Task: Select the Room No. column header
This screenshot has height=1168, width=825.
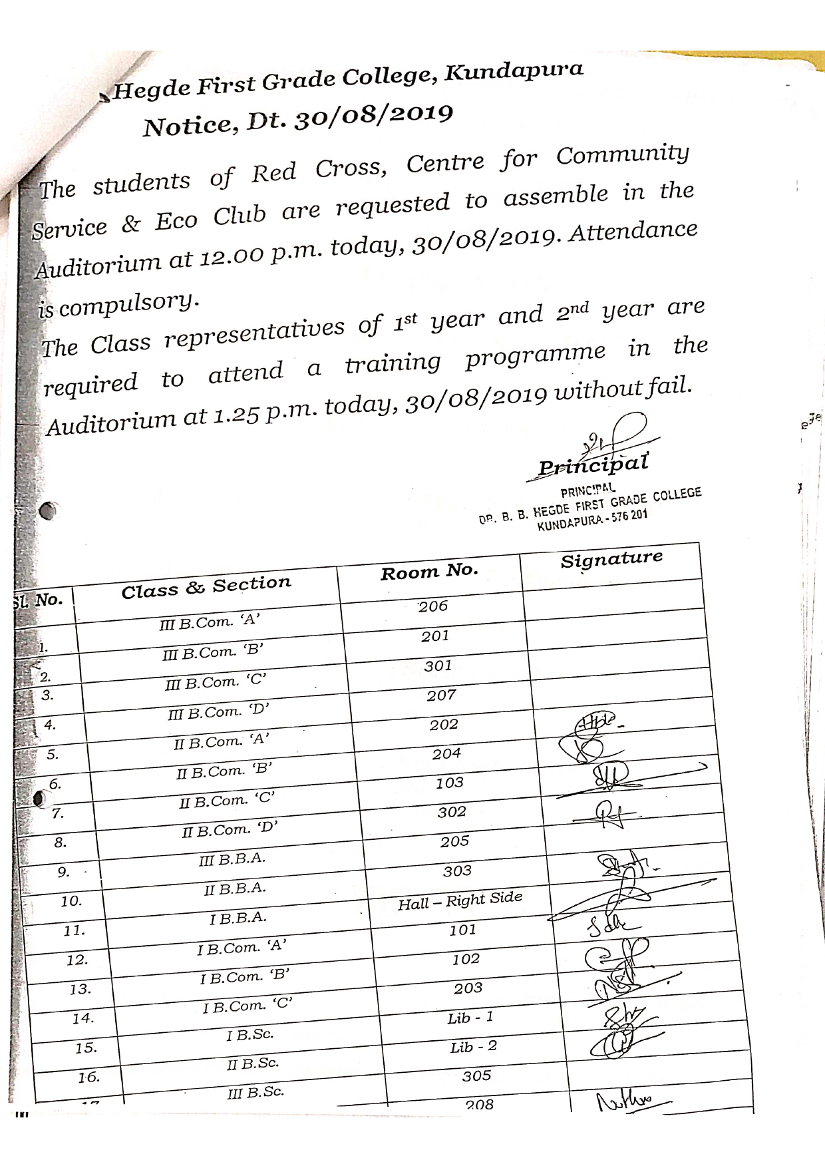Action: pos(429,571)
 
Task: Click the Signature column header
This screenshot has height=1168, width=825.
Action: pos(611,558)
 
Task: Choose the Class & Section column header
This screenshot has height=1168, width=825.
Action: pos(206,587)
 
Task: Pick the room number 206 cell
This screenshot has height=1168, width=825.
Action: pos(432,606)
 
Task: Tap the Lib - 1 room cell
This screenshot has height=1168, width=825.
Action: pos(470,1018)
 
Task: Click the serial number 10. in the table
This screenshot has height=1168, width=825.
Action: pos(71,901)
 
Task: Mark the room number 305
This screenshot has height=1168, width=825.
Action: pos(476,1075)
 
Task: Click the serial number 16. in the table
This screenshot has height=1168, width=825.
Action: pos(88,1077)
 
